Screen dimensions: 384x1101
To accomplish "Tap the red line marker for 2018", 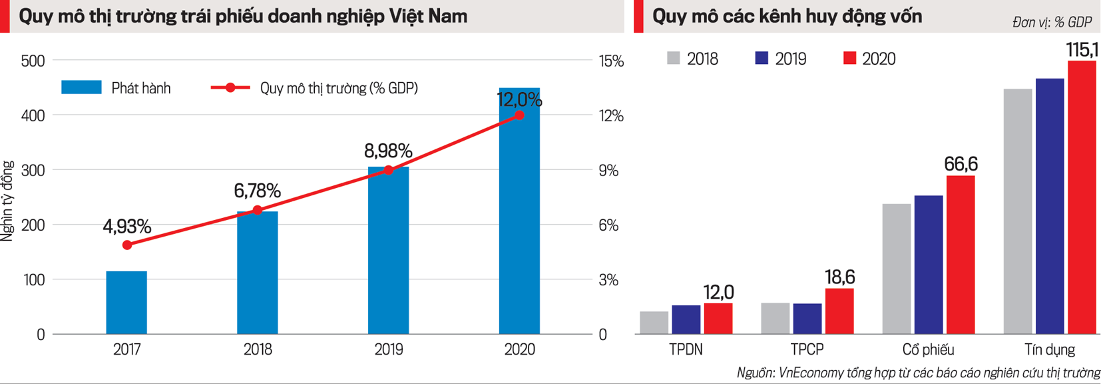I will (x=258, y=211).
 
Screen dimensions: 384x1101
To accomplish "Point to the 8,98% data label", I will (x=388, y=151).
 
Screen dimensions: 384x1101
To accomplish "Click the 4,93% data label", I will (x=126, y=227).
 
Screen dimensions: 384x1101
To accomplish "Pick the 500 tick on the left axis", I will (x=33, y=61).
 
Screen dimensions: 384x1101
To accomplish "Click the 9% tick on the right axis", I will (x=608, y=171).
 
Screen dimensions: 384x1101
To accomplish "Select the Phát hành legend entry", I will (x=116, y=88).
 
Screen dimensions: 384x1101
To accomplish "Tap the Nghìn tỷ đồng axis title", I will (x=7, y=201).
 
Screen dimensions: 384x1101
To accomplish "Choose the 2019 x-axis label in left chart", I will (x=389, y=349).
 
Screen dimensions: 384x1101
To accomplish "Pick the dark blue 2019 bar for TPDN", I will (x=686, y=319).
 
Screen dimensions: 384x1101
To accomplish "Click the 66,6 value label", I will (x=961, y=164).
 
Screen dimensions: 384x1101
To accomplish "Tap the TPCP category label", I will (x=807, y=349).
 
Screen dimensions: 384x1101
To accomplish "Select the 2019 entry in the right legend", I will (x=780, y=59).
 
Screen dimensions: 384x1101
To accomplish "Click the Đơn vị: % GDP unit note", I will (x=1052, y=23).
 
